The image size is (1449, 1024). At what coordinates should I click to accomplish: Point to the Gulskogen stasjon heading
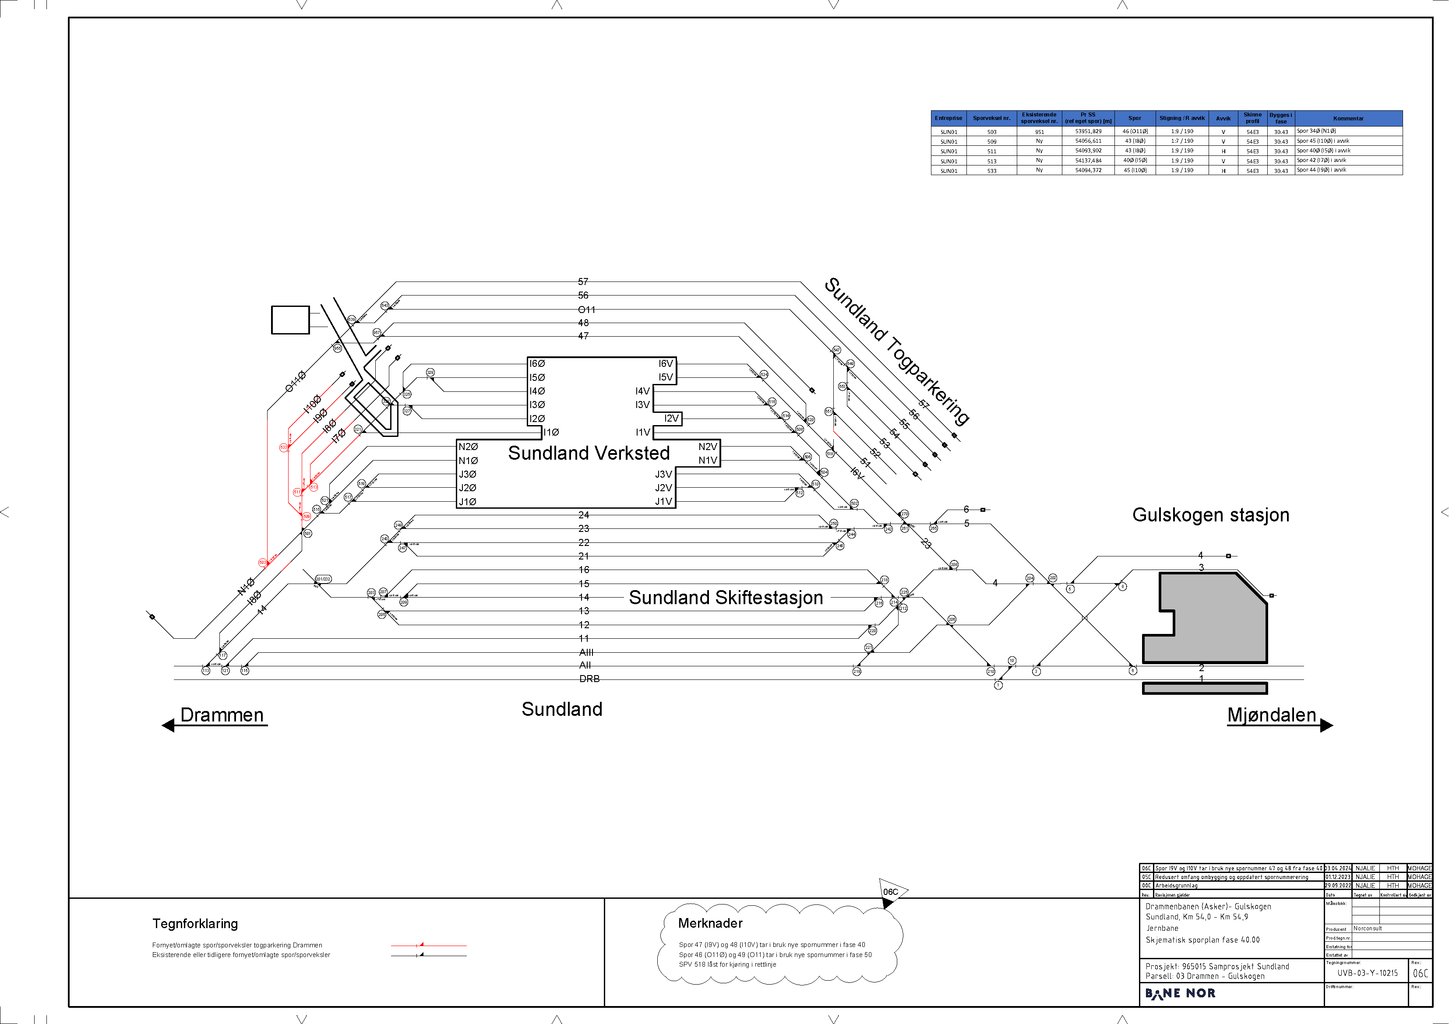pyautogui.click(x=1210, y=515)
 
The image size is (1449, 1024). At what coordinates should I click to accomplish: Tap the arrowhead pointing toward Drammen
pyautogui.click(x=168, y=725)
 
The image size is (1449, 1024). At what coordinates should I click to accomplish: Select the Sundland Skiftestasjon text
pyautogui.click(x=726, y=598)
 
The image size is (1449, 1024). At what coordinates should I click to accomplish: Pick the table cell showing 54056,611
pyautogui.click(x=1088, y=141)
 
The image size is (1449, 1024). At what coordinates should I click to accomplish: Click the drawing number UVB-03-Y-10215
pyautogui.click(x=1367, y=973)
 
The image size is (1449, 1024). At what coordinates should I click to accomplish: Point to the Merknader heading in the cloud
pyautogui.click(x=710, y=923)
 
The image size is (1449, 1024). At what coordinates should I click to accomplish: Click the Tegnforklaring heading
pyautogui.click(x=195, y=924)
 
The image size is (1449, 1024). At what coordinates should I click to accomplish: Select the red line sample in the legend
pyautogui.click(x=429, y=946)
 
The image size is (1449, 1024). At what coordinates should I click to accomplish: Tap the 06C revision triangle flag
pyautogui.click(x=891, y=891)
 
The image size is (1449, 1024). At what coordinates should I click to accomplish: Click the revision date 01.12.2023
pyautogui.click(x=1337, y=877)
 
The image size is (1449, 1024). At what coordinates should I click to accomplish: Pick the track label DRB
pyautogui.click(x=589, y=679)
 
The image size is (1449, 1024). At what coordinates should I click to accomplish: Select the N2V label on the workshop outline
pyautogui.click(x=708, y=447)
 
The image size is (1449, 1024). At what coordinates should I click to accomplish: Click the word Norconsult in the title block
pyautogui.click(x=1368, y=929)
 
